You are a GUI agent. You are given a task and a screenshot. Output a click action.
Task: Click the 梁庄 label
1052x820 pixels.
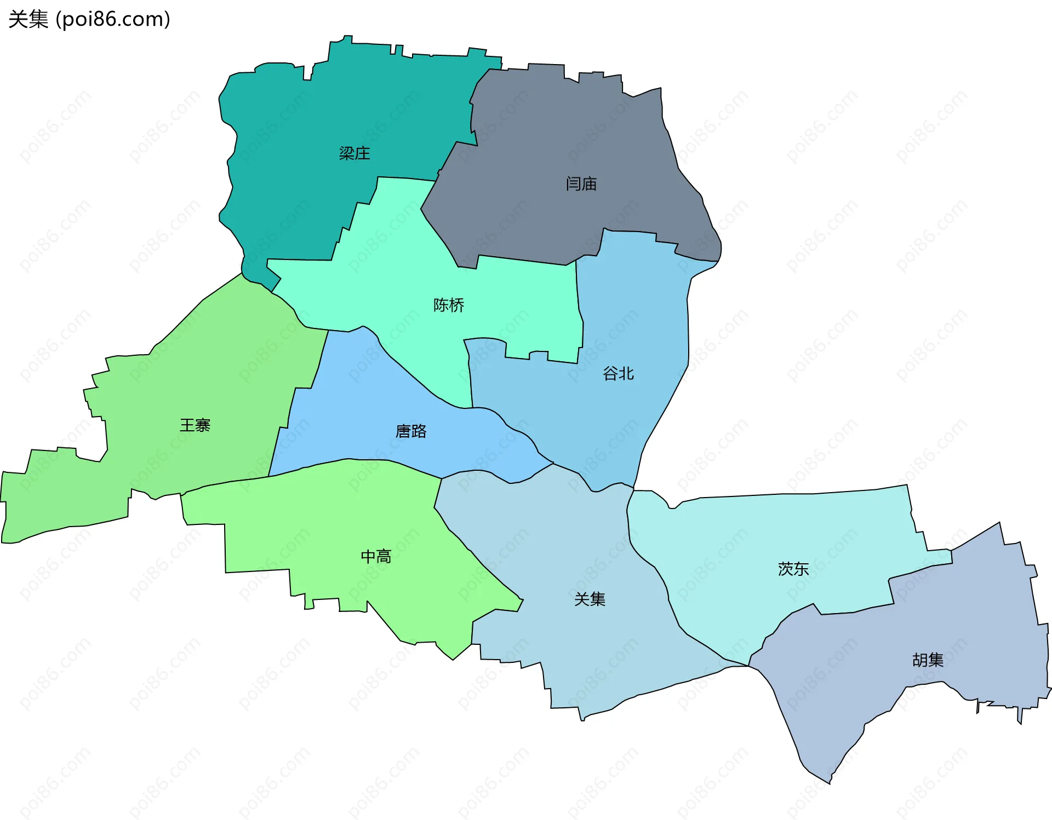(354, 153)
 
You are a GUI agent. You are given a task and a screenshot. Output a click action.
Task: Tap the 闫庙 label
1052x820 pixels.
(581, 184)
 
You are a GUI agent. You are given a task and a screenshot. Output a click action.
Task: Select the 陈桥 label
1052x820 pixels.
(448, 305)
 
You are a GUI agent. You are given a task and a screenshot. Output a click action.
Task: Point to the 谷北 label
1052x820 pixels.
(618, 374)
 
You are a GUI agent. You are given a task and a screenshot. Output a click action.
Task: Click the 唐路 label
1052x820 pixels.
(410, 431)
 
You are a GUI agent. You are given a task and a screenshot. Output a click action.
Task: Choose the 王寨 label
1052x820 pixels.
(195, 425)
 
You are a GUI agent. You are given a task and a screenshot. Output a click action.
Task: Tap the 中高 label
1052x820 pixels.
(376, 557)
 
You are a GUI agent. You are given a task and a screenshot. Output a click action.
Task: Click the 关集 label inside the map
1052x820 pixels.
(590, 599)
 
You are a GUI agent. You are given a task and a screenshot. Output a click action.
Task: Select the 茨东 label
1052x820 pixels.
(793, 569)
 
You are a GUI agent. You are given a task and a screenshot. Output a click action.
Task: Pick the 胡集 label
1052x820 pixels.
(928, 660)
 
